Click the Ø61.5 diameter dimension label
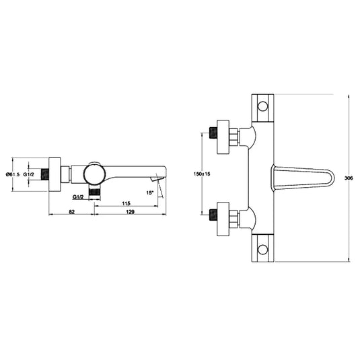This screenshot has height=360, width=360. (13, 174)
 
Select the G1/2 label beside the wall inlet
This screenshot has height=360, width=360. (30, 174)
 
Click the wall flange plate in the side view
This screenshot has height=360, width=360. (55, 174)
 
